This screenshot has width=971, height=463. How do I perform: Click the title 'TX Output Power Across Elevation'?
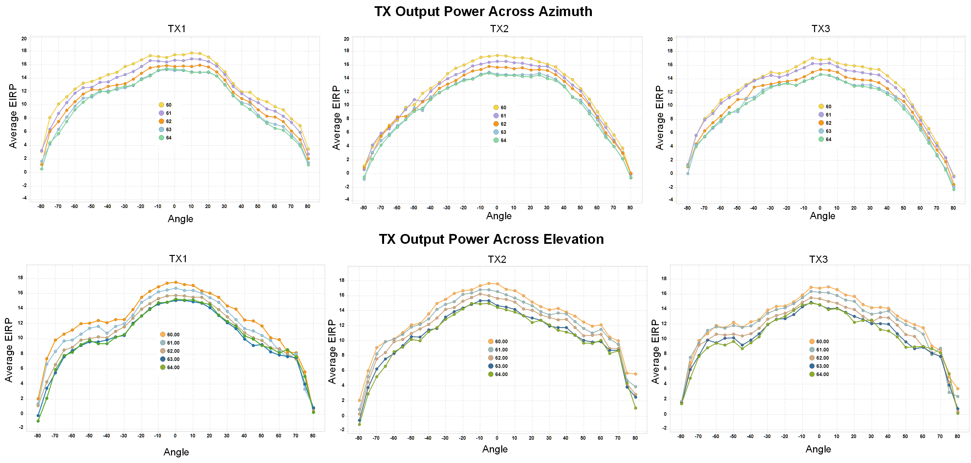pos(491,239)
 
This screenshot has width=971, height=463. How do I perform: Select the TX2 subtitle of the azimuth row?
pos(499,29)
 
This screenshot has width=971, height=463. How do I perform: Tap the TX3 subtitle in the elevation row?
pos(818,259)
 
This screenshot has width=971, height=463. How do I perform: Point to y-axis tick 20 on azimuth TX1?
pos(24,39)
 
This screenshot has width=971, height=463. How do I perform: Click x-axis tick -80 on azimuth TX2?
pos(363,208)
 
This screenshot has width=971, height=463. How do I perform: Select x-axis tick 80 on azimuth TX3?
pos(953,208)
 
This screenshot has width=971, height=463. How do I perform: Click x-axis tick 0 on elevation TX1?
pos(175,436)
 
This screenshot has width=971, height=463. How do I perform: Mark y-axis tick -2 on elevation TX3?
pos(664,428)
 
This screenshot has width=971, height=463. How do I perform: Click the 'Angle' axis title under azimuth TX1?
pos(180,219)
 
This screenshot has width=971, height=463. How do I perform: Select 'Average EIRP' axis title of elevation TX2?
pos(332,351)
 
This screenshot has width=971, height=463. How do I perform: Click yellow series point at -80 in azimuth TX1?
pos(41,151)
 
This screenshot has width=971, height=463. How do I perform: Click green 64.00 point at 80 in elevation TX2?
pos(635,408)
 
